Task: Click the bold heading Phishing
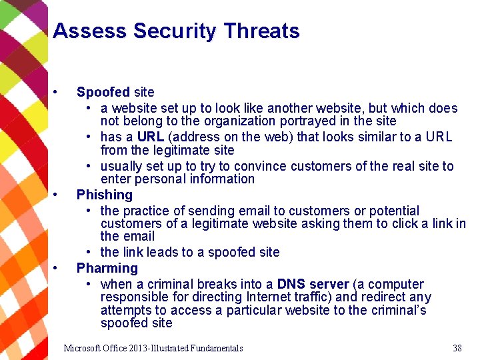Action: (105, 195)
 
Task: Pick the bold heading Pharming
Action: (107, 268)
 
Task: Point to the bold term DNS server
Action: (309, 285)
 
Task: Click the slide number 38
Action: (457, 348)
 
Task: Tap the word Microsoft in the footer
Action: (83, 348)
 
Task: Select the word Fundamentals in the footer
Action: (216, 348)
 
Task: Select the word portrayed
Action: (313, 121)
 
